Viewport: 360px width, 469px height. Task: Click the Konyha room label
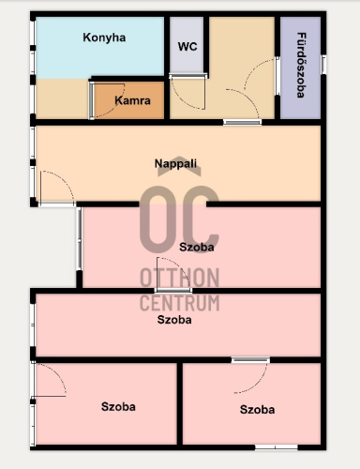point(104,38)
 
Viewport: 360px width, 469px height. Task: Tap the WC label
point(187,47)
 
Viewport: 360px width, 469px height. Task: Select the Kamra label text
point(132,100)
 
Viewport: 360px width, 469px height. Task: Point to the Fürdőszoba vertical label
point(301,65)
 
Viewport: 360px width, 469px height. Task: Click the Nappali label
point(175,163)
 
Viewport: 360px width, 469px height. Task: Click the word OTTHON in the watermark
point(179,278)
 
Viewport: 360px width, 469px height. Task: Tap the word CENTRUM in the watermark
point(179,303)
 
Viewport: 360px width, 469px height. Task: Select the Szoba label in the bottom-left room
point(118,407)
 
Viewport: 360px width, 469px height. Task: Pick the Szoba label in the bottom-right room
point(257,410)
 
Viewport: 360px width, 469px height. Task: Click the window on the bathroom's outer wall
point(323,65)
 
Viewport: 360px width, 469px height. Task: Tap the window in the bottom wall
point(277,447)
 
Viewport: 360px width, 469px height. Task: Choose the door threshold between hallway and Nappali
point(243,122)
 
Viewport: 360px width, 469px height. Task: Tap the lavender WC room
point(187,45)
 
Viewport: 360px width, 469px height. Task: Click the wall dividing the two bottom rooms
point(180,403)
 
